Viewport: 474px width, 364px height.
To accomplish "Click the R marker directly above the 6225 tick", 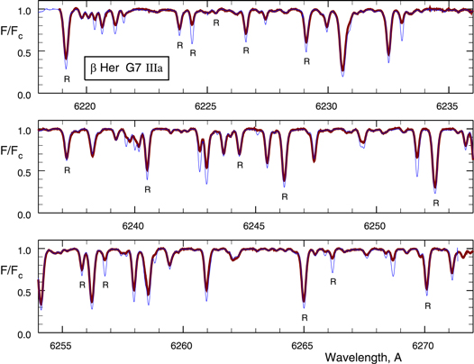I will click(x=216, y=22).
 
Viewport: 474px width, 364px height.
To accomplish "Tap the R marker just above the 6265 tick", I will click(x=305, y=317).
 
